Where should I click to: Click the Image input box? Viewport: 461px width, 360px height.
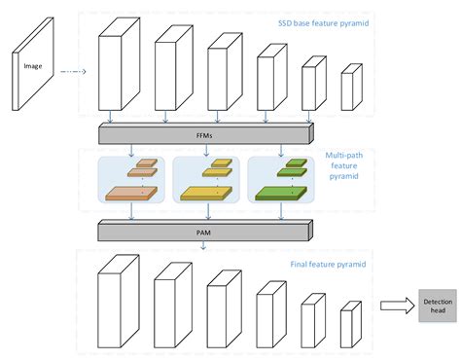click(32, 67)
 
